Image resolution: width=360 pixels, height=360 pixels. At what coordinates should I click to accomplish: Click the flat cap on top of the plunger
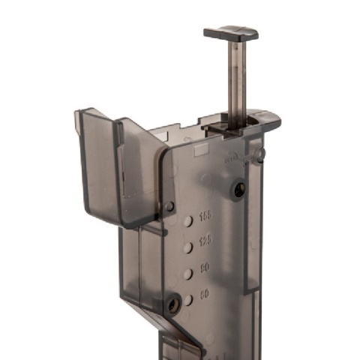tap(230, 32)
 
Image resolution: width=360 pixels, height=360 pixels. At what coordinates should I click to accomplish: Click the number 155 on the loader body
tap(205, 217)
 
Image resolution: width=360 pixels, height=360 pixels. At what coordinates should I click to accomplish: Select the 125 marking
tap(205, 242)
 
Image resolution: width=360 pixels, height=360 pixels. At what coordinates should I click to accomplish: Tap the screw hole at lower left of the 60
tap(173, 304)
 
